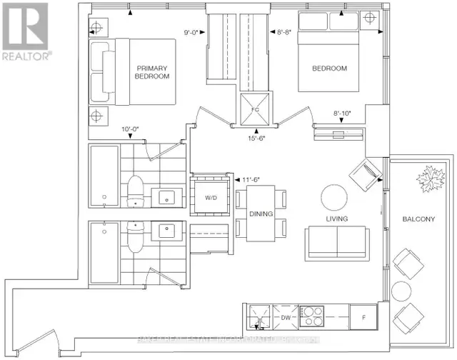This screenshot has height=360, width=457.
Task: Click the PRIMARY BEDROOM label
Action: pos(154,72)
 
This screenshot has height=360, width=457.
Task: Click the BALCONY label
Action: pos(417,220)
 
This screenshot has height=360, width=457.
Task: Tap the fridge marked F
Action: pos(363,315)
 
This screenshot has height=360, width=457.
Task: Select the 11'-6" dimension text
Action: pos(251,181)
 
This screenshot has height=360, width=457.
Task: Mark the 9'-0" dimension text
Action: pos(192,31)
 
